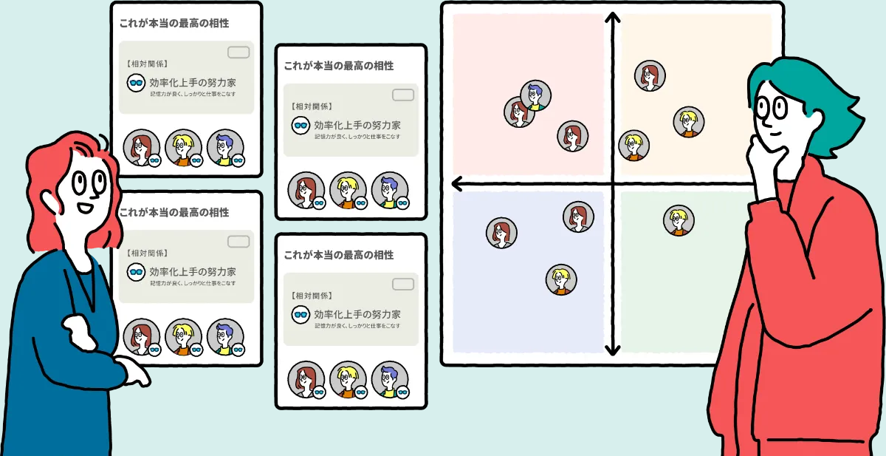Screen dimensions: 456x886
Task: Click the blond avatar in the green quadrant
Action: pyautogui.click(x=679, y=220)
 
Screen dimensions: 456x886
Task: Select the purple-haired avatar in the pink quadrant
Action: pyautogui.click(x=535, y=95)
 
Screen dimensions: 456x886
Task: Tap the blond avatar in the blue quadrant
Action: pyautogui.click(x=561, y=280)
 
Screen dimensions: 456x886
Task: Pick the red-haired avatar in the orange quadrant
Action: pyautogui.click(x=650, y=75)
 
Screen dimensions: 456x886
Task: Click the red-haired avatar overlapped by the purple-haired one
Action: pyautogui.click(x=518, y=112)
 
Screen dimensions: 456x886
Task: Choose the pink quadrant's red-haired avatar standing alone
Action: pyautogui.click(x=572, y=137)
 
